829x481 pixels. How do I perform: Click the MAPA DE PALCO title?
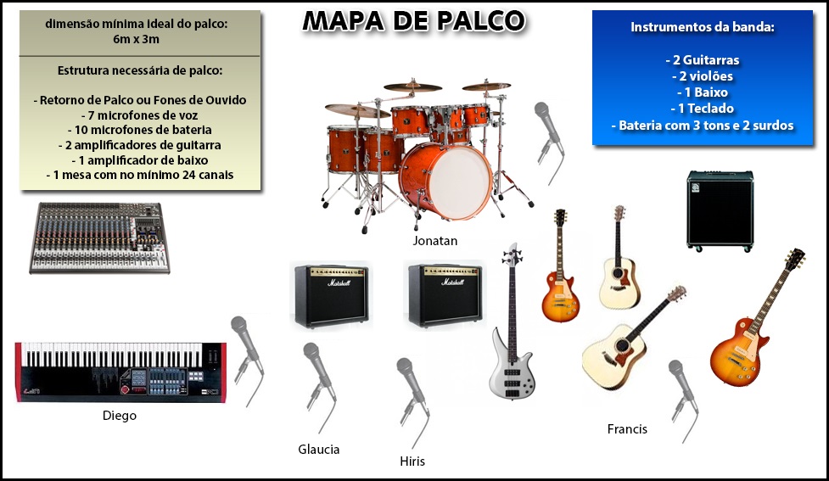pos(413,21)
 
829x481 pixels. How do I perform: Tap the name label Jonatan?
pos(434,241)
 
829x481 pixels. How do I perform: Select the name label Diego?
pos(120,416)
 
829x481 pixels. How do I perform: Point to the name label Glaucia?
pos(319,450)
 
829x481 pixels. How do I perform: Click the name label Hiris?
pos(412,461)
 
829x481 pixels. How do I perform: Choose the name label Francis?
pos(627,428)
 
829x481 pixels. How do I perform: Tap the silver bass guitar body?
pos(511,370)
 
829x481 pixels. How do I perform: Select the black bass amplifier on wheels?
pos(720,210)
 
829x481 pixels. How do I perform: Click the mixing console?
pos(99,238)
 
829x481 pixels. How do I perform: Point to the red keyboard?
pos(120,372)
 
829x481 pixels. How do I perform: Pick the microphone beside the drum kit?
pos(549,142)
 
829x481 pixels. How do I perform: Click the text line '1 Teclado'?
pos(702,109)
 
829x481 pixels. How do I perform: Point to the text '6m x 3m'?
pos(136,39)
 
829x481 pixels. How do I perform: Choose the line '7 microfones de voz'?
pos(139,115)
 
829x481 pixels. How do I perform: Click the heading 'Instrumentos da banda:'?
pos(702,27)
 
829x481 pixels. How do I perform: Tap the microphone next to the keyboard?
pos(247,361)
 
